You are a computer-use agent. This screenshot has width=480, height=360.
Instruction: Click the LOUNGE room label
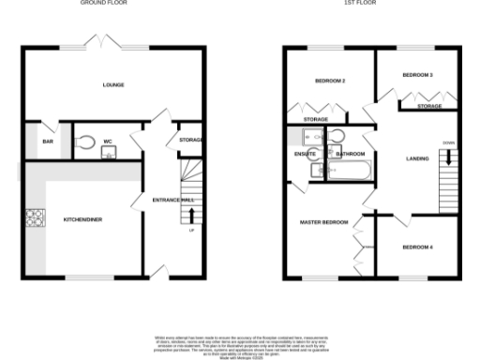click(x=113, y=85)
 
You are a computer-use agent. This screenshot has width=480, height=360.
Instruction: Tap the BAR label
click(x=46, y=142)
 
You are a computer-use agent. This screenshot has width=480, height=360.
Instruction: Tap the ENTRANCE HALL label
click(x=173, y=200)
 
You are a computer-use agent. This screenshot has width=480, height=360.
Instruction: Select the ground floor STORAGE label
click(x=190, y=141)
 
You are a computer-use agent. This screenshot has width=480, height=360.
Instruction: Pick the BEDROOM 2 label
click(x=330, y=82)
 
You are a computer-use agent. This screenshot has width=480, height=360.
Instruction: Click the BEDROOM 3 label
click(x=417, y=74)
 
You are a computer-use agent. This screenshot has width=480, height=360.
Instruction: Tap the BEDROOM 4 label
click(x=417, y=247)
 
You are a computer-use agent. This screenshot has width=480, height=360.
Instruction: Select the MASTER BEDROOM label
click(x=319, y=222)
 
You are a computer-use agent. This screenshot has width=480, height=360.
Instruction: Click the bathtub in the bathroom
click(x=349, y=171)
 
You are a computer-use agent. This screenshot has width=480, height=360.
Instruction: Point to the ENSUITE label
click(x=306, y=152)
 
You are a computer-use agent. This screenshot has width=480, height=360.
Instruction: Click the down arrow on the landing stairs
click(x=447, y=157)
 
